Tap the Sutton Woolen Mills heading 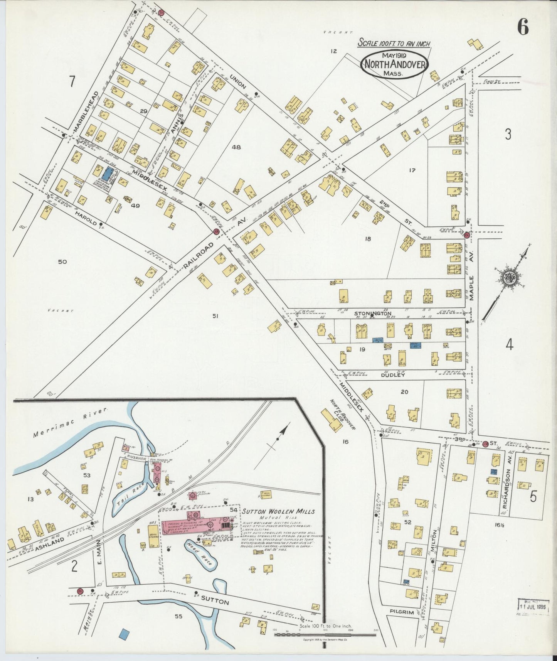pos(278,511)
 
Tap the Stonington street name pos(373,313)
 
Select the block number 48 pos(236,147)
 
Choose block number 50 pos(62,262)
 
